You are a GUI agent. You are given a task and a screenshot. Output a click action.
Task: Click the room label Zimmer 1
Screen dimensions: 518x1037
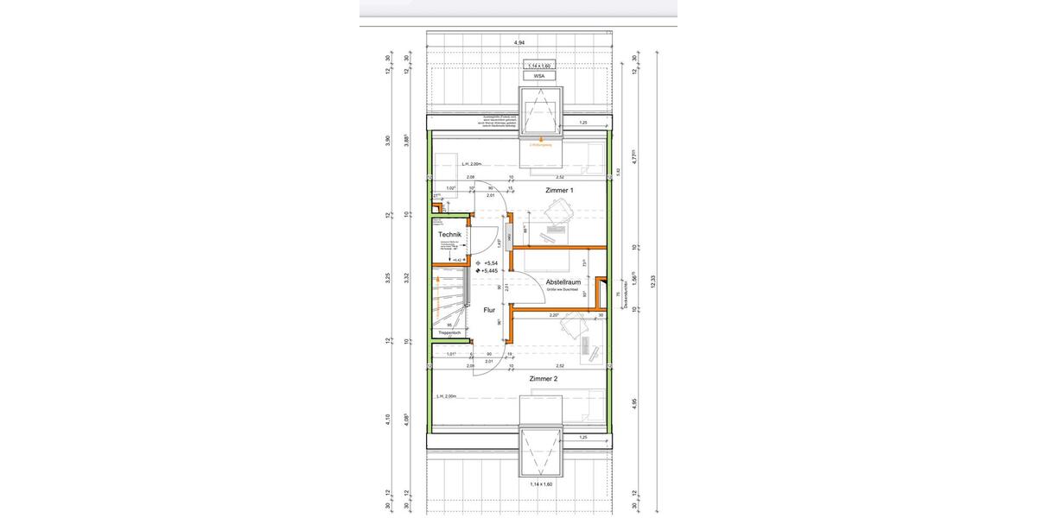[x=559, y=190]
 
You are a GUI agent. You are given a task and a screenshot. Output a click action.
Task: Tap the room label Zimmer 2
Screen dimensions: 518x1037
[x=544, y=379]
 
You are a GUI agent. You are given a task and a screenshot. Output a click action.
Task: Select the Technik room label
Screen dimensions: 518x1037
[x=450, y=235]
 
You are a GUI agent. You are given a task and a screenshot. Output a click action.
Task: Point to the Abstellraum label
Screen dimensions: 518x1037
[x=562, y=282]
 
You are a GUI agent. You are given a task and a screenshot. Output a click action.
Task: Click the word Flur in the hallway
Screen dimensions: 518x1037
[x=489, y=309]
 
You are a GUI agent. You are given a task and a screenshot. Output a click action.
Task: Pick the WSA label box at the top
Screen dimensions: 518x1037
[x=539, y=76]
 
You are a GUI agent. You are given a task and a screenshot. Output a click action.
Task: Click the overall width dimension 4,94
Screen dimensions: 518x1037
[x=519, y=41]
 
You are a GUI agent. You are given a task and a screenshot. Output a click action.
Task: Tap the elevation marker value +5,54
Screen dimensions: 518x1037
[x=492, y=262]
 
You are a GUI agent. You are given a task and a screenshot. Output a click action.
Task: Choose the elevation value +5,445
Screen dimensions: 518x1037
[x=493, y=270]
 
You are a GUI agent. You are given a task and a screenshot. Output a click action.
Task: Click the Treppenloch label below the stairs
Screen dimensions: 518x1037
[x=450, y=332]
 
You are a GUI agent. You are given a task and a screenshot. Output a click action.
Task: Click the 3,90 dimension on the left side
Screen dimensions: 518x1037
[x=388, y=141]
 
